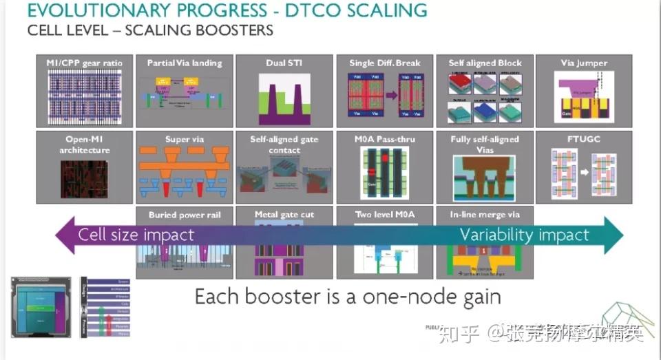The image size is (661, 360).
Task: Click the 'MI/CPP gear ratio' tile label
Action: pyautogui.click(x=84, y=63)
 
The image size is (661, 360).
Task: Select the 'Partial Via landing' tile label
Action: pyautogui.click(x=185, y=63)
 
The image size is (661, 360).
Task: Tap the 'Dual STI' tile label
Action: pyautogui.click(x=284, y=63)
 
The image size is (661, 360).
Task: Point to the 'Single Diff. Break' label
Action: pyautogui.click(x=384, y=63)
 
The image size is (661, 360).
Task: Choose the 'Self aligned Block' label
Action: pyautogui.click(x=485, y=63)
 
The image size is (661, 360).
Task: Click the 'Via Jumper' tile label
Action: pyautogui.click(x=585, y=63)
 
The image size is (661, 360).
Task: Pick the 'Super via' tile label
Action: pyautogui.click(x=185, y=140)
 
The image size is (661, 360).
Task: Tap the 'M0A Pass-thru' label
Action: pyautogui.click(x=384, y=140)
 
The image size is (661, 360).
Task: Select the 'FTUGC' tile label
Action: pyautogui.click(x=585, y=140)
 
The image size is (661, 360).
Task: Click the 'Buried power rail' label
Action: pyautogui.click(x=185, y=215)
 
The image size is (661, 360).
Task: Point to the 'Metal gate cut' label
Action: pyautogui.click(x=284, y=215)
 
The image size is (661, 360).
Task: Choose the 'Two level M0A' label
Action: pyautogui.click(x=384, y=215)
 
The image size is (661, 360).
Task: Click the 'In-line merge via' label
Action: pyautogui.click(x=485, y=215)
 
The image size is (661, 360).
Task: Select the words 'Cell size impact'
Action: pyautogui.click(x=136, y=235)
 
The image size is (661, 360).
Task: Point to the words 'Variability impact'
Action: pyautogui.click(x=524, y=235)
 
